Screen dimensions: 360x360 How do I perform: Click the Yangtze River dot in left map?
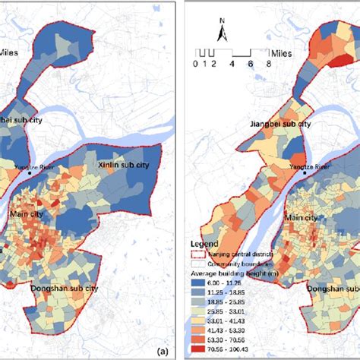click(29, 172)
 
